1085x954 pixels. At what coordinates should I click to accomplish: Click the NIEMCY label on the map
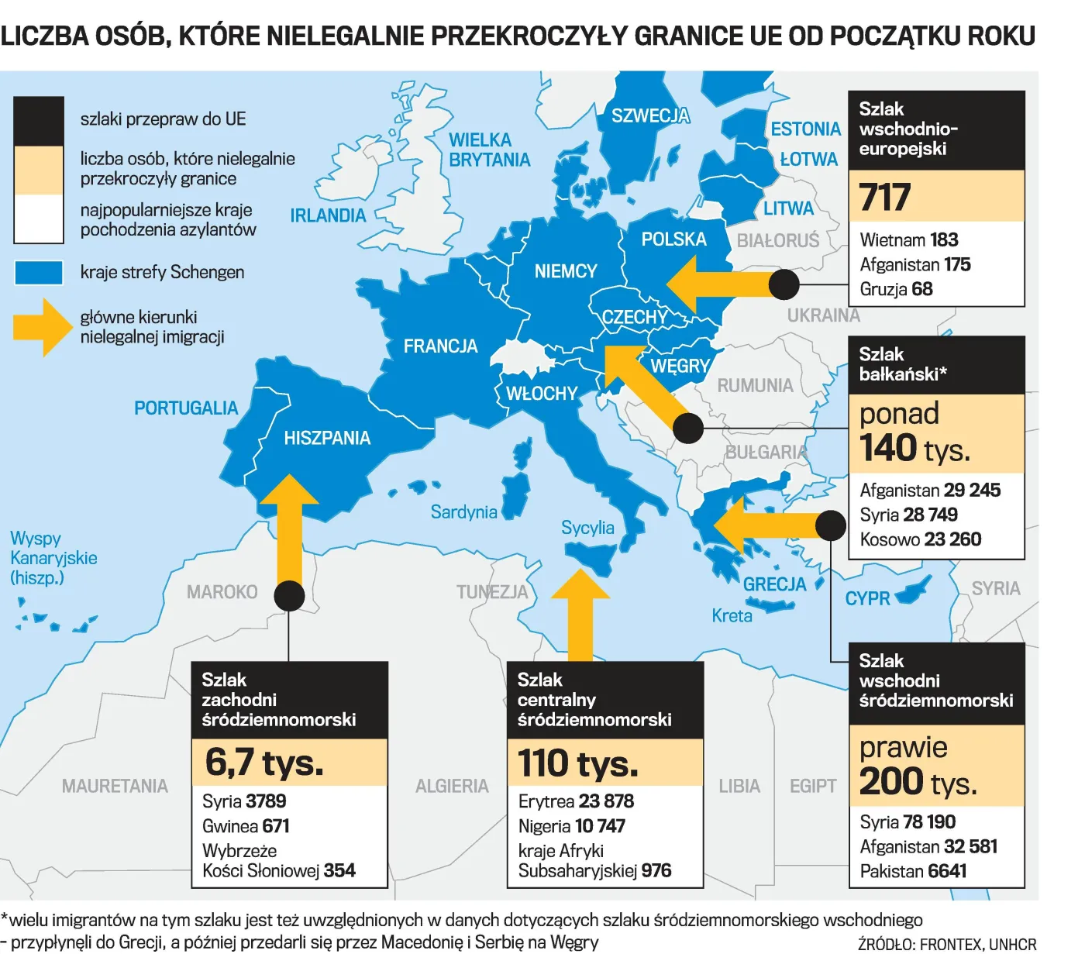tap(565, 271)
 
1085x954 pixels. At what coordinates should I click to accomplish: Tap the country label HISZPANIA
tap(327, 439)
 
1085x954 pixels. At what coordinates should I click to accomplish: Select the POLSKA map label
tap(673, 239)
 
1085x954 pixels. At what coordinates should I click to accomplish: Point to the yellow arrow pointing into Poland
tap(713, 284)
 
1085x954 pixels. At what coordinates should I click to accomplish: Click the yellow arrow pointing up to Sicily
tap(580, 616)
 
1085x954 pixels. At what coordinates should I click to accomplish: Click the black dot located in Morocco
tap(289, 596)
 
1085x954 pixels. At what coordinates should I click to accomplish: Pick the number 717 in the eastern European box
tap(885, 197)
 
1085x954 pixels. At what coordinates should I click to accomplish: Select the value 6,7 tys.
tap(264, 763)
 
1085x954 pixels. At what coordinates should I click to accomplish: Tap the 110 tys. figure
tap(578, 763)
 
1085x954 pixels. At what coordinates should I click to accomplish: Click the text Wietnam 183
tap(909, 240)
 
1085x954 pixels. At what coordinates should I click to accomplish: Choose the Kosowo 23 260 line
tap(920, 539)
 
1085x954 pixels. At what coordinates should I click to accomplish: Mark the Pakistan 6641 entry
tap(913, 871)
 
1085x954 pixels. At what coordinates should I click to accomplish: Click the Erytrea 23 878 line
tap(576, 801)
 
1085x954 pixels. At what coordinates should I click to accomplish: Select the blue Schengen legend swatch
tap(39, 273)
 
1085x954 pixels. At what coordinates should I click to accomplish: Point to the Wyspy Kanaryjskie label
tap(53, 558)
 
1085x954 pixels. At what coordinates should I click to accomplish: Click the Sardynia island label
tap(463, 512)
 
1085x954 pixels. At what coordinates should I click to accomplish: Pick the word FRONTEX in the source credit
tap(950, 944)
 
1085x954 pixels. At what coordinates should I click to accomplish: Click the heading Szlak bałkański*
tap(903, 364)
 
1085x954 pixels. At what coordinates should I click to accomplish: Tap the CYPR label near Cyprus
tap(867, 599)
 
